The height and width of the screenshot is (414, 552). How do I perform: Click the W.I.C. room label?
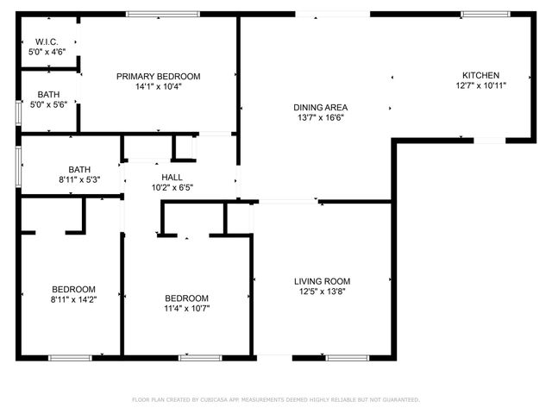(47, 41)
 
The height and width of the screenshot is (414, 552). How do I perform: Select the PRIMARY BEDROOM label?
(158, 76)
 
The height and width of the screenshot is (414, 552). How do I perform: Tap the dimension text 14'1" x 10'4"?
(158, 86)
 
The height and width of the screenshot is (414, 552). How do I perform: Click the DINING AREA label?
(320, 108)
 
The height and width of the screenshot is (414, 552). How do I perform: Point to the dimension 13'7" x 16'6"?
(320, 118)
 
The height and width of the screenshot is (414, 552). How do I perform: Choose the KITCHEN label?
(480, 75)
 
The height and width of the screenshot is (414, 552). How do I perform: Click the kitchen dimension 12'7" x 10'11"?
(480, 85)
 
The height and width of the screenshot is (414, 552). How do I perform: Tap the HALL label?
(172, 177)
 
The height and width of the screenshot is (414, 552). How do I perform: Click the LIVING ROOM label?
(322, 281)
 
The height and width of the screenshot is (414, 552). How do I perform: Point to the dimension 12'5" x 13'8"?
(322, 292)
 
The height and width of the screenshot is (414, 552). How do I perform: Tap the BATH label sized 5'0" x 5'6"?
(48, 95)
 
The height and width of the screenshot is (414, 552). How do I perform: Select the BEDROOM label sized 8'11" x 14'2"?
(73, 289)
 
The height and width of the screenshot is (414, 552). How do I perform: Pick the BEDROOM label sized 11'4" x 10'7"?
(187, 298)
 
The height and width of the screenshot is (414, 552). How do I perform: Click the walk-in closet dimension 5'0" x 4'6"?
(47, 52)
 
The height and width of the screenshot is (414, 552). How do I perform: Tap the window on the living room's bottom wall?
(348, 357)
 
